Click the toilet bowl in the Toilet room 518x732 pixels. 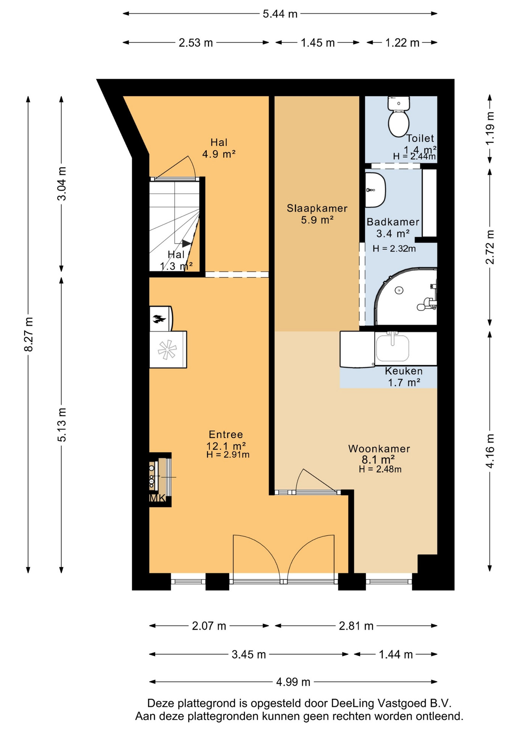[x=399, y=123]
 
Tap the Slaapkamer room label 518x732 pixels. [x=317, y=208]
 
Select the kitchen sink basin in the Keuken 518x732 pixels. [x=393, y=347]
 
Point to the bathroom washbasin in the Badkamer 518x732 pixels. [x=375, y=189]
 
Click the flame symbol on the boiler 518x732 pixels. [x=159, y=318]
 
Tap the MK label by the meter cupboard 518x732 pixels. [x=157, y=498]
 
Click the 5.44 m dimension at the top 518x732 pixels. [x=280, y=14]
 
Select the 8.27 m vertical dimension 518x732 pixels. [x=29, y=334]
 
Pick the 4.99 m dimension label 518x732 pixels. [x=293, y=682]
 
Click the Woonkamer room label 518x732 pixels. [x=379, y=449]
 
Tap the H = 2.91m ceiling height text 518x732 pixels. [x=228, y=454]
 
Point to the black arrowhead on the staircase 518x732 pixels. [x=187, y=243]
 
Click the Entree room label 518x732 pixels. [x=226, y=434]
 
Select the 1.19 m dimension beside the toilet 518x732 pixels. [x=490, y=128]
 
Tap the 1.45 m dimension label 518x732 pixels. [x=318, y=43]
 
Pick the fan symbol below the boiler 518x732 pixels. [x=167, y=350]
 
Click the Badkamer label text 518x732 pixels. [x=393, y=222]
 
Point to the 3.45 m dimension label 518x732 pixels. [x=249, y=654]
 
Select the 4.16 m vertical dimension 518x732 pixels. [x=490, y=451]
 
